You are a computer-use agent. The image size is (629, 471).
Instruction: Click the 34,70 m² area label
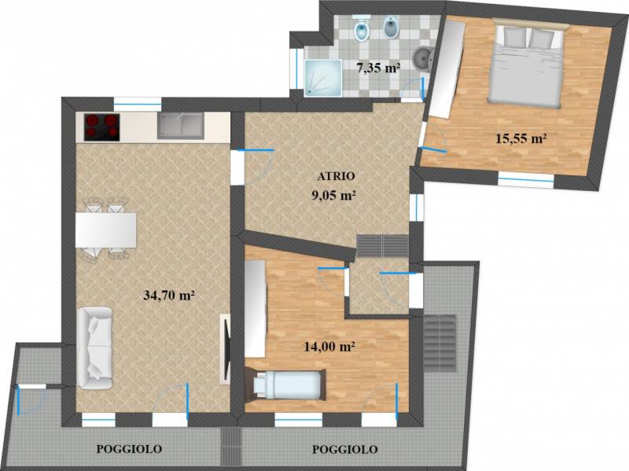click(169, 296)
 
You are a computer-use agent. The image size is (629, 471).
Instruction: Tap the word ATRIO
click(337, 176)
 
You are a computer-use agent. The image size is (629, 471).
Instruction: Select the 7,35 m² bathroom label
click(379, 68)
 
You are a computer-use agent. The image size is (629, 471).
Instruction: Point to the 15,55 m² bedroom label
click(521, 139)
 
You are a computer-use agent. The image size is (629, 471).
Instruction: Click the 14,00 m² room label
click(330, 346)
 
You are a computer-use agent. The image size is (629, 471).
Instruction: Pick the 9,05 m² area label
click(334, 195)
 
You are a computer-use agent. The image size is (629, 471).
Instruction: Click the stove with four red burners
click(102, 127)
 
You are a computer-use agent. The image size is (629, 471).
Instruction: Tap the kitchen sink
click(180, 126)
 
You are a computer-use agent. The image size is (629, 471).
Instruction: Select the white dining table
click(106, 230)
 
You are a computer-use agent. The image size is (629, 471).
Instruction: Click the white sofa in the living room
click(94, 348)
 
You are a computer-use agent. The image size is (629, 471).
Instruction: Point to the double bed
click(528, 64)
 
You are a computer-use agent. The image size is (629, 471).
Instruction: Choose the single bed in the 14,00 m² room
click(285, 385)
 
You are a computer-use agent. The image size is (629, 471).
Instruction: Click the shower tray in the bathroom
click(323, 78)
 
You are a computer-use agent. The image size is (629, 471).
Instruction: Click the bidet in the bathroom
click(390, 28)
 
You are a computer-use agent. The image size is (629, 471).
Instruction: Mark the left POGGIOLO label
click(129, 448)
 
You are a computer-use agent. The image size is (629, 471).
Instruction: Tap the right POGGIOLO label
click(345, 449)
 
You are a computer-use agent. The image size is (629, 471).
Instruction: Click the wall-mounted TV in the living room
click(225, 348)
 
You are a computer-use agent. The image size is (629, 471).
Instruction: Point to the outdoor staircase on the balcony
click(440, 343)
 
